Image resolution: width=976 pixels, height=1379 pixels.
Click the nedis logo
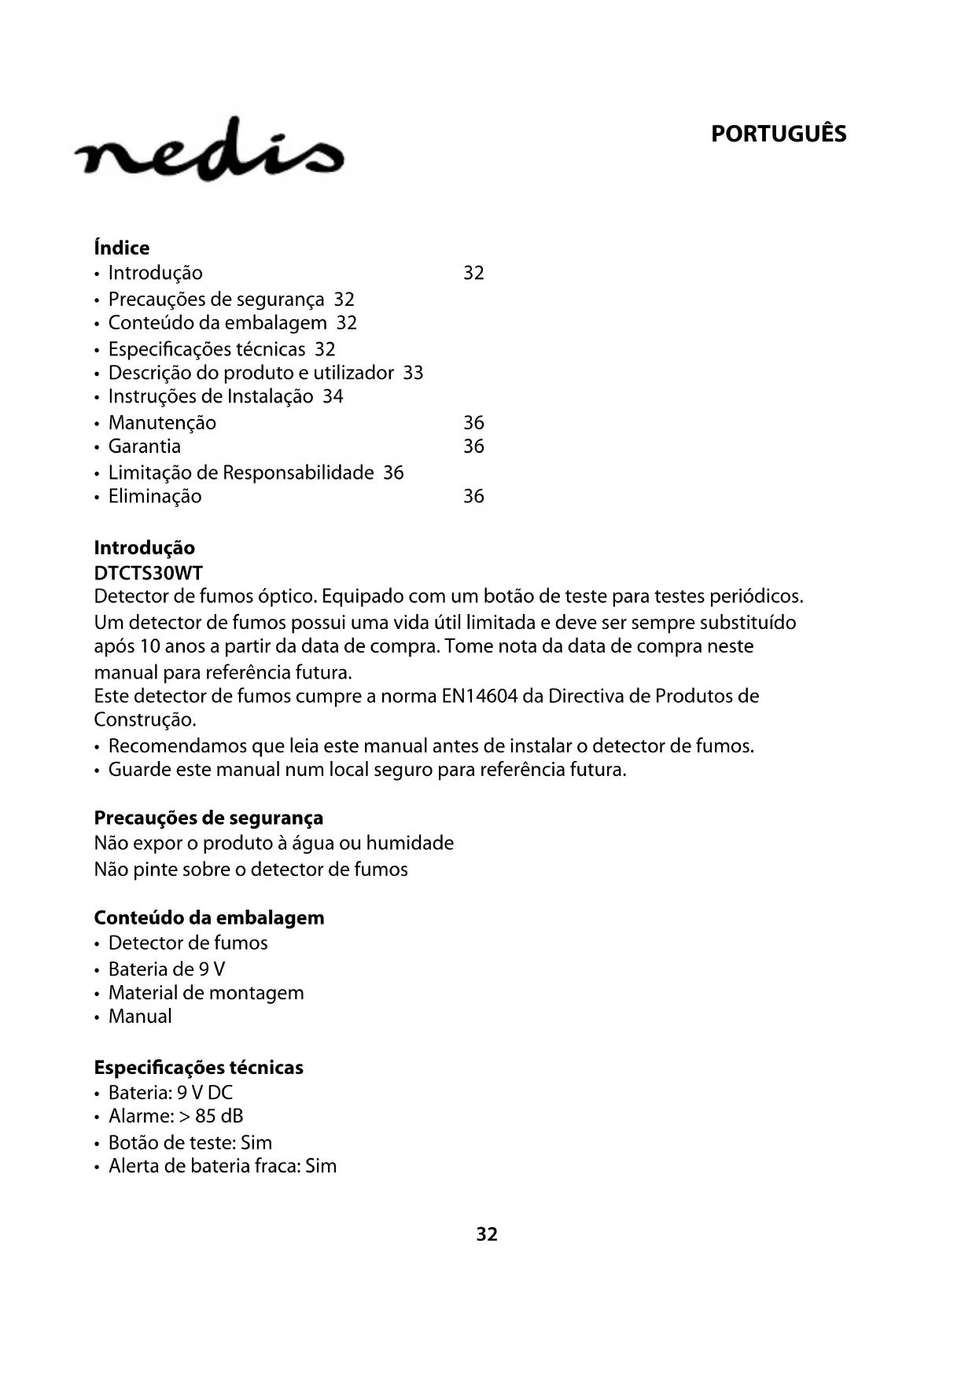point(209,150)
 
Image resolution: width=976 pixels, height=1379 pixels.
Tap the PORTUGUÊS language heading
point(778,134)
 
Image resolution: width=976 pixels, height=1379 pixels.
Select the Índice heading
point(122,248)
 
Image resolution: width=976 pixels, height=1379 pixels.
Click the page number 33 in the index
point(413,373)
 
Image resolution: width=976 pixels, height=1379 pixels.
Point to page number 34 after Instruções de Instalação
point(333,396)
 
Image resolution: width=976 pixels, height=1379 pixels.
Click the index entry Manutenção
point(162,423)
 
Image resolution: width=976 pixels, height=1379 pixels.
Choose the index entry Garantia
point(145,447)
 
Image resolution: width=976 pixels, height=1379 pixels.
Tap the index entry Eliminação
point(155,496)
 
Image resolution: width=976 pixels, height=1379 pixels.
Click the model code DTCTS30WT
point(148,573)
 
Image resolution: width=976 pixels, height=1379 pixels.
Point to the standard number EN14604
point(479,697)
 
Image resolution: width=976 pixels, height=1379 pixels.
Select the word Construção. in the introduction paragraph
point(145,720)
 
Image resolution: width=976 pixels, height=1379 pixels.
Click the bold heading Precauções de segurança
point(208,818)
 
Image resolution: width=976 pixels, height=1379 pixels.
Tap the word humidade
point(410,844)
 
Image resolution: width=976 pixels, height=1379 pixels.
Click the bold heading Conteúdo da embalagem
point(209,918)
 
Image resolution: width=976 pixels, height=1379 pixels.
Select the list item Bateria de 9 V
point(167,969)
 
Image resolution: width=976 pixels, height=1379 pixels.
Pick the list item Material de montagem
point(206,993)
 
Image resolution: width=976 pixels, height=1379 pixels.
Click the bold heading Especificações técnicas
point(198,1068)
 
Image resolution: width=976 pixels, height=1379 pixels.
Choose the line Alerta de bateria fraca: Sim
point(223,1166)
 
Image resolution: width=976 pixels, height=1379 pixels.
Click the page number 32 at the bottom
point(487,1234)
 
